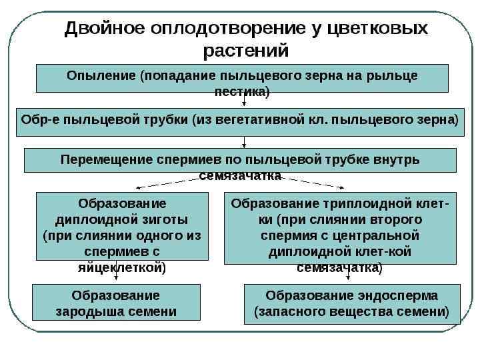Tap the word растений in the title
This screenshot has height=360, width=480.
pyautogui.click(x=246, y=51)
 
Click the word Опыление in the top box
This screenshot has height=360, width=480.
pyautogui.click(x=101, y=75)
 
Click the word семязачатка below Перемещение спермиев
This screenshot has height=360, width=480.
pyautogui.click(x=240, y=176)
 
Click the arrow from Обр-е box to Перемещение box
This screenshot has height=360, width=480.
pyautogui.click(x=244, y=141)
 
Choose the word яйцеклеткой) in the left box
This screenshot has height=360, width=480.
pyautogui.click(x=123, y=267)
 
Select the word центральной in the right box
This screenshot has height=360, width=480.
pyautogui.click(x=381, y=235)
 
